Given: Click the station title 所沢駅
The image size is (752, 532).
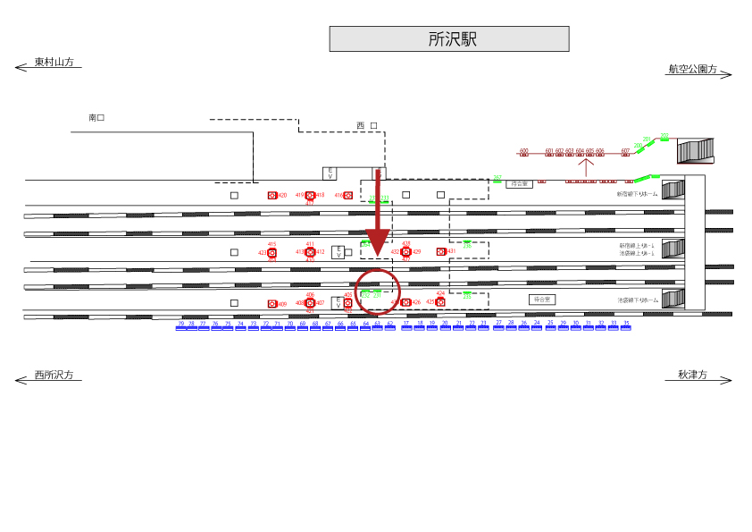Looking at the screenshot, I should pyautogui.click(x=449, y=39).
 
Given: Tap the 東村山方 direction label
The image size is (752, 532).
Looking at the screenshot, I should pyautogui.click(x=54, y=63).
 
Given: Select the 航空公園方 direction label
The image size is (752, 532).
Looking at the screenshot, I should pyautogui.click(x=692, y=69).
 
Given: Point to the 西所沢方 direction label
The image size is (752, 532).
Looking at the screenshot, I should pyautogui.click(x=54, y=375).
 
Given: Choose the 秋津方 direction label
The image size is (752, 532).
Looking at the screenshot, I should pyautogui.click(x=691, y=376).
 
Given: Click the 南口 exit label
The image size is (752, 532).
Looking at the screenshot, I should pyautogui.click(x=96, y=118).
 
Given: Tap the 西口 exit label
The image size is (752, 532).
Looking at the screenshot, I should pyautogui.click(x=366, y=125).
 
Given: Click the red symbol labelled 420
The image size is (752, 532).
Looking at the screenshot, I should pyautogui.click(x=272, y=195).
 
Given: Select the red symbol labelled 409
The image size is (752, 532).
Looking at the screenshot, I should pyautogui.click(x=272, y=304).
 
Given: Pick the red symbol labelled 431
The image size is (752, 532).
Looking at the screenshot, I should pyautogui.click(x=440, y=251).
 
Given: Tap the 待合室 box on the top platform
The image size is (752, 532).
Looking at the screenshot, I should pyautogui.click(x=518, y=183).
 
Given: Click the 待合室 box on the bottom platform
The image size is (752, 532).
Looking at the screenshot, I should pyautogui.click(x=541, y=299).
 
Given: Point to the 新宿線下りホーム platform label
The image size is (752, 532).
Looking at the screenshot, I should pyautogui.click(x=637, y=194).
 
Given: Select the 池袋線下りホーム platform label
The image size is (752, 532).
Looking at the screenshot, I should pyautogui.click(x=637, y=300).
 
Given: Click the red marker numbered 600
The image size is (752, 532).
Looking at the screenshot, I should pyautogui.click(x=524, y=154).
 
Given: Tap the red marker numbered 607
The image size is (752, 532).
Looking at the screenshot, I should pyautogui.click(x=625, y=154).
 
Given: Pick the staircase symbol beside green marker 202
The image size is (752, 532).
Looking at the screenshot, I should pyautogui.click(x=695, y=150).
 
